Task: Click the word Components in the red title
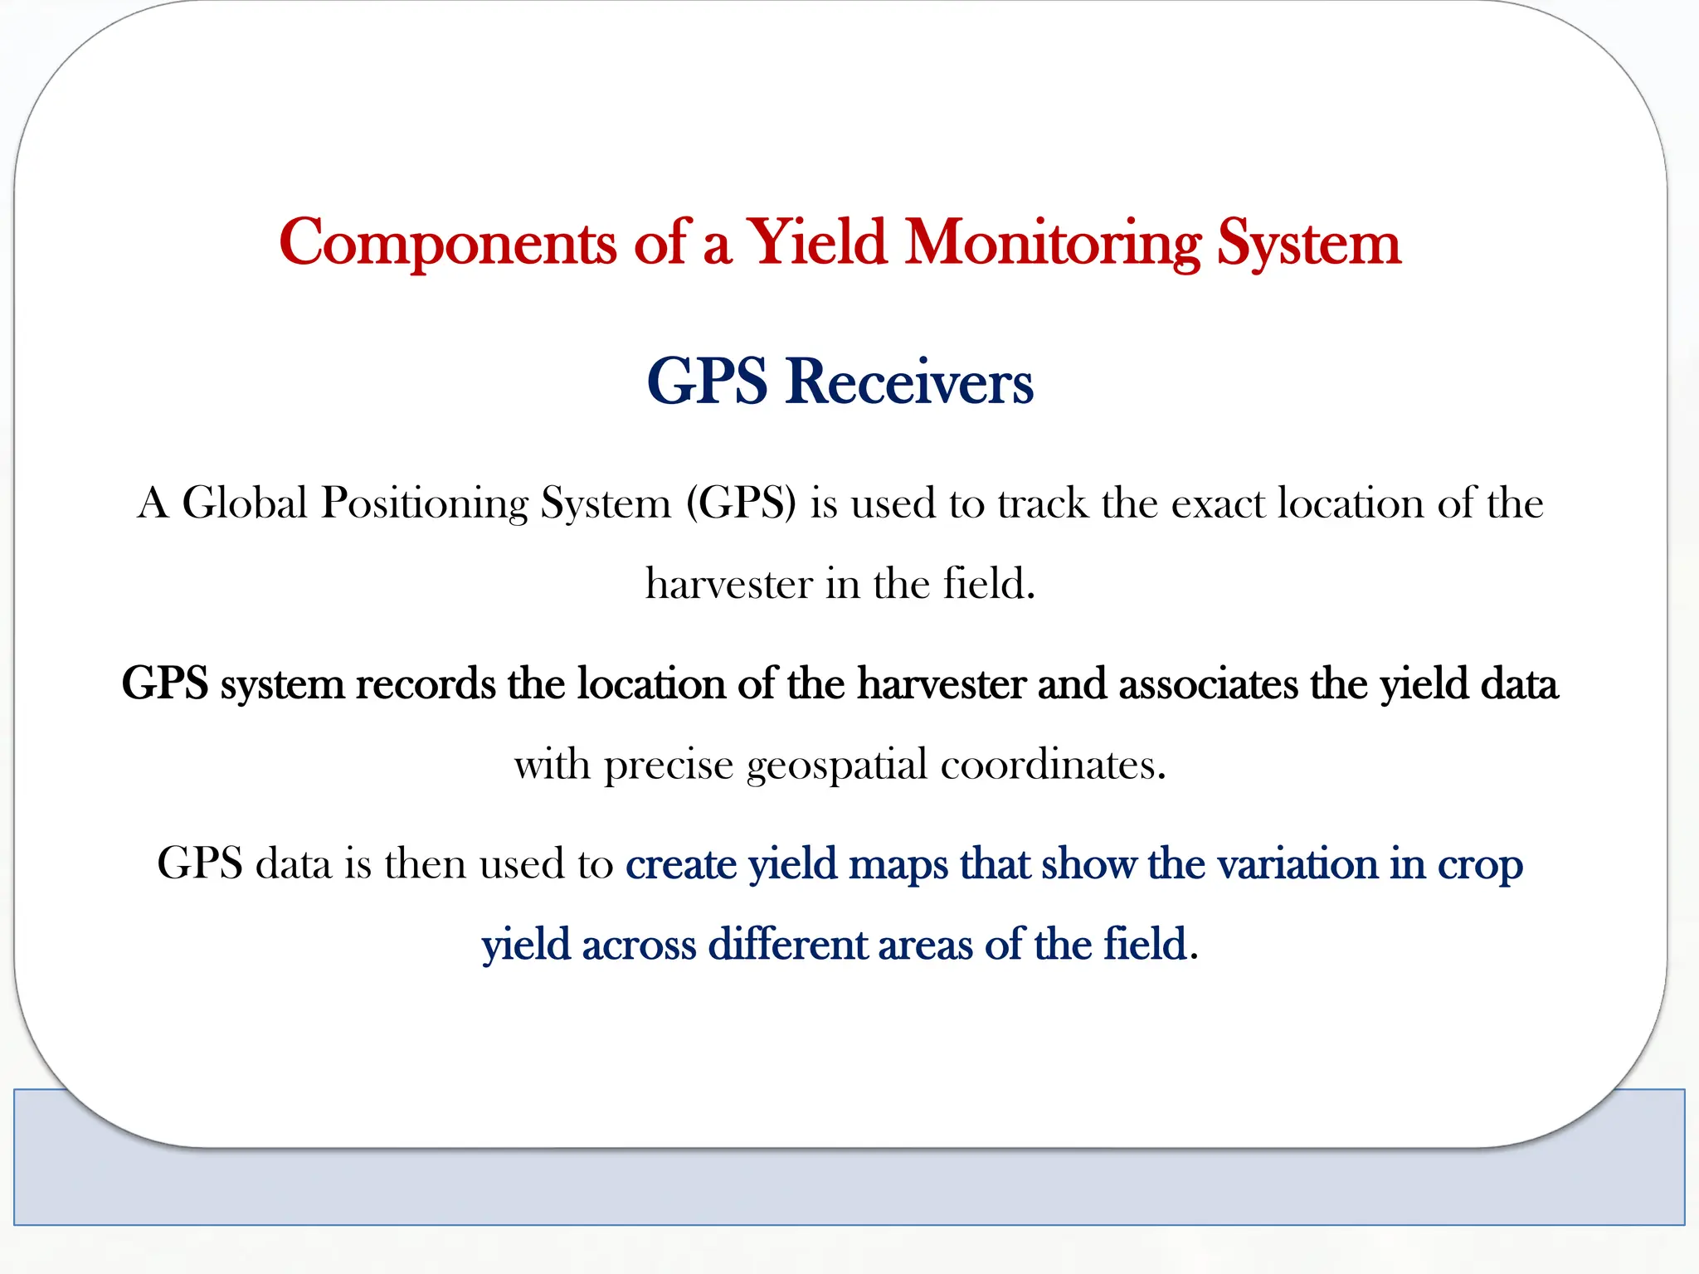tap(448, 244)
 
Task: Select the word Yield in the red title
tap(816, 242)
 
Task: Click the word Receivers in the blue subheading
tap(909, 382)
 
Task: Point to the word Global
tap(245, 503)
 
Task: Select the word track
tap(1042, 503)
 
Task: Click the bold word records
tap(426, 684)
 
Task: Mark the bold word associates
tap(1208, 684)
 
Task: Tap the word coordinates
tap(1053, 764)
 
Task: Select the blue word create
tap(680, 864)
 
